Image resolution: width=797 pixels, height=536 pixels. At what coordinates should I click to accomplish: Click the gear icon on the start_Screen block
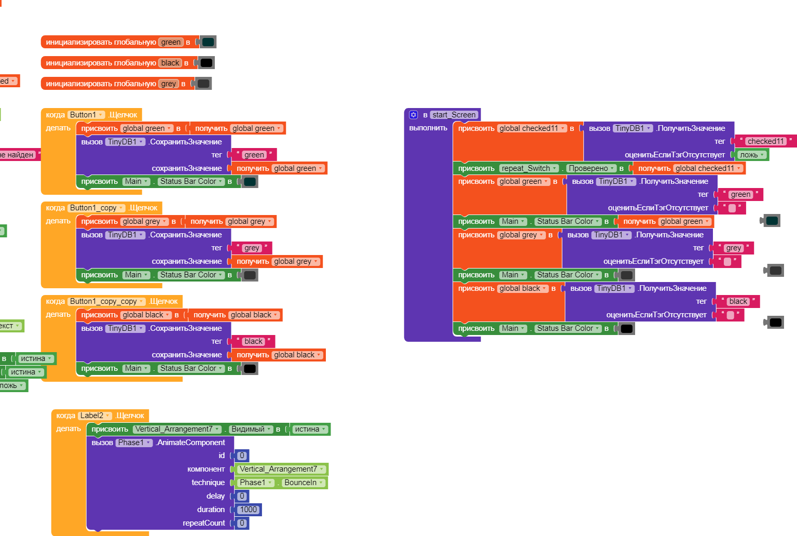[414, 115]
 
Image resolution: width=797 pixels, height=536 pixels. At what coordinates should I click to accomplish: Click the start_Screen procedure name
[454, 115]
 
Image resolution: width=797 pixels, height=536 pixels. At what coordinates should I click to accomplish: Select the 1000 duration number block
[249, 510]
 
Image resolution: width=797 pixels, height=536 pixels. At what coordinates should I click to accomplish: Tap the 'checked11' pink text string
[765, 141]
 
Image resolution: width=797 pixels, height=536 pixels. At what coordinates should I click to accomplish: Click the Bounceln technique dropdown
[304, 483]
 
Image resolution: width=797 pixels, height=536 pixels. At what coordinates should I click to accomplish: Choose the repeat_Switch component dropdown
[529, 168]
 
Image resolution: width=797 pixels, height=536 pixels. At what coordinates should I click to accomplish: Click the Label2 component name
[94, 416]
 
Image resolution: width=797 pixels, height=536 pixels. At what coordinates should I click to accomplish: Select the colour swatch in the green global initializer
[208, 42]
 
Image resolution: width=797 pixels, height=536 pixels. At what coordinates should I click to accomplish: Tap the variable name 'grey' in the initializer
[169, 84]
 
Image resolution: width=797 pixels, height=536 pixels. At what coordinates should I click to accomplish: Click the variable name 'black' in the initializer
[170, 63]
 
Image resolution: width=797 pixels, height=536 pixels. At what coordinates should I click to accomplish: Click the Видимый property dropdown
[251, 429]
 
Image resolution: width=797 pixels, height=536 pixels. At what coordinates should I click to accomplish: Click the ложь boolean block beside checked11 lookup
[752, 155]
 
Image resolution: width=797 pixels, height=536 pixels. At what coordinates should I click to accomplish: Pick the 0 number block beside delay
[242, 496]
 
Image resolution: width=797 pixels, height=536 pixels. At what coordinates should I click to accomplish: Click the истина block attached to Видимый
[310, 429]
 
